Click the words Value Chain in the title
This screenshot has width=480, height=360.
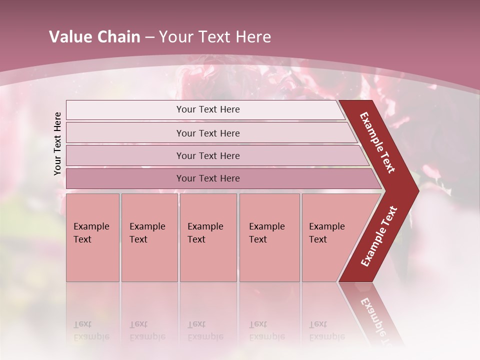pyautogui.click(x=94, y=37)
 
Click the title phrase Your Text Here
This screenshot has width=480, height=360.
pyautogui.click(x=215, y=37)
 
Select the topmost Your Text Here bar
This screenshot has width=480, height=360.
pyautogui.click(x=208, y=109)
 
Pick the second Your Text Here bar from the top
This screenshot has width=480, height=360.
pyautogui.click(x=208, y=133)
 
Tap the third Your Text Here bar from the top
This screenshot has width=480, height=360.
pyautogui.click(x=208, y=155)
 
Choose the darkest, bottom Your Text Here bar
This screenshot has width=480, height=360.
pyautogui.click(x=208, y=178)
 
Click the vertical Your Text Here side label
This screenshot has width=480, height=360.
pyautogui.click(x=57, y=143)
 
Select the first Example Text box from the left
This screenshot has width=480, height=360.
pyautogui.click(x=92, y=237)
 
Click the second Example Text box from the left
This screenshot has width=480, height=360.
pyautogui.click(x=149, y=237)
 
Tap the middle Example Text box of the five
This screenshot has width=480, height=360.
pyautogui.click(x=208, y=237)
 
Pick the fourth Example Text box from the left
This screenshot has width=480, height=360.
pyautogui.click(x=269, y=237)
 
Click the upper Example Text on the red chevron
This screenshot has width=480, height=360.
pyautogui.click(x=377, y=142)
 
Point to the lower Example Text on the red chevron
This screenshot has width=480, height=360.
pyautogui.click(x=379, y=236)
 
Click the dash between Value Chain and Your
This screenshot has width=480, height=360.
pyautogui.click(x=149, y=37)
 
